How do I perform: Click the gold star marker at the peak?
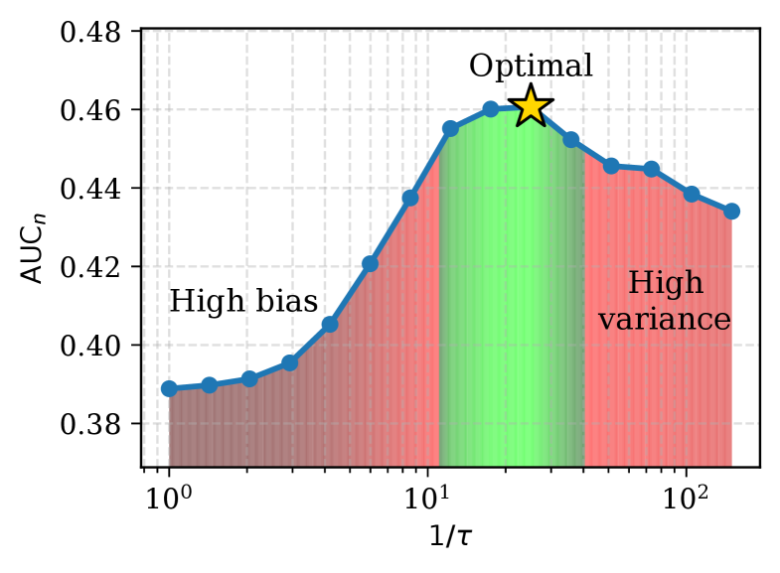pyautogui.click(x=532, y=106)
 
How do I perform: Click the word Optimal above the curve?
pyautogui.click(x=531, y=67)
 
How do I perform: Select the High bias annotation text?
pyautogui.click(x=243, y=302)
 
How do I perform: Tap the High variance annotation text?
pyautogui.click(x=665, y=302)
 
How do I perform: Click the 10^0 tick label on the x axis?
pyautogui.click(x=169, y=494)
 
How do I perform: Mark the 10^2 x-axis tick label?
pyautogui.click(x=686, y=494)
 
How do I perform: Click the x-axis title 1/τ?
pyautogui.click(x=450, y=537)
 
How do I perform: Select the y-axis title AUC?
pyautogui.click(x=34, y=248)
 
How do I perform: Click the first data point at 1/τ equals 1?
pyautogui.click(x=169, y=388)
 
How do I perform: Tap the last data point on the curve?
pyautogui.click(x=731, y=211)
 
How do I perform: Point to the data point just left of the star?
pyautogui.click(x=491, y=109)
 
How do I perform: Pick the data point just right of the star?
pyautogui.click(x=571, y=140)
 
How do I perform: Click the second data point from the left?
pyautogui.click(x=209, y=384)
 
